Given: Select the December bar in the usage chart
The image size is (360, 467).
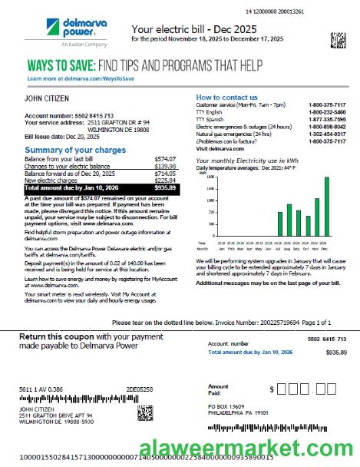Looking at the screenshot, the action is [326, 199].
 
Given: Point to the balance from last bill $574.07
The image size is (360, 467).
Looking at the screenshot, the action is [165, 158].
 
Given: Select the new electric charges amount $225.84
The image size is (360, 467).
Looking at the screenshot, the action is [165, 181].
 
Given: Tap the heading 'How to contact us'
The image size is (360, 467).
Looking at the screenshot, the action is [226, 98].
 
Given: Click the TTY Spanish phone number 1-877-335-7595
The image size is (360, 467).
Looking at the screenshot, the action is [327, 120].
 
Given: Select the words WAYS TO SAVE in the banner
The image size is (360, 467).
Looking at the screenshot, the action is [61, 66].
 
